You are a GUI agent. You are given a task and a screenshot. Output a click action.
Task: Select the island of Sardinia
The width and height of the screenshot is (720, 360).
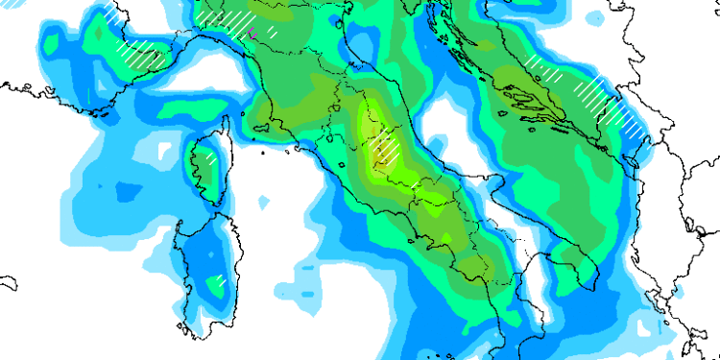tap(202, 269)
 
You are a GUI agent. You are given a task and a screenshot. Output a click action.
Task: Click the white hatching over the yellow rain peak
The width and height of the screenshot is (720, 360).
tap(385, 151)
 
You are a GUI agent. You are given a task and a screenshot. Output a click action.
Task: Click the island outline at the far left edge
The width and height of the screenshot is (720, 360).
tap(8, 284)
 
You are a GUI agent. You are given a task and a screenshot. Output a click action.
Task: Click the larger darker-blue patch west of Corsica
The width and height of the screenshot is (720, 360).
tap(125, 192)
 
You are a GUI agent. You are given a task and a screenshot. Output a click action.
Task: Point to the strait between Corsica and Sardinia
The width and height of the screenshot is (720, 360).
tap(204, 212)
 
